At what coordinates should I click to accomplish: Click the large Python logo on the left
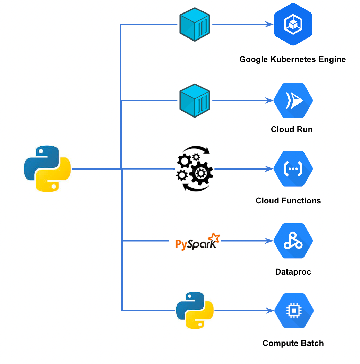pos(48,169)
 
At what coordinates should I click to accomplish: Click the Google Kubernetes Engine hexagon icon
pos(293,24)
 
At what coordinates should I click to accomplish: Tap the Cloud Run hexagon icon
pos(293,101)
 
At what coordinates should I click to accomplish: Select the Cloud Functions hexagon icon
pos(293,169)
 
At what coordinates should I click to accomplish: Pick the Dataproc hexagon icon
pos(293,241)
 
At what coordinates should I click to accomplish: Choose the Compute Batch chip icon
pos(294,311)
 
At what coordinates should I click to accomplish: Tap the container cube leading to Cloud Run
pos(195,101)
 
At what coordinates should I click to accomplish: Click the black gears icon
pos(194,169)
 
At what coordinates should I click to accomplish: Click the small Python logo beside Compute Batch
pos(195,310)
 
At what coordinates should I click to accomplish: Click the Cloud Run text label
pos(292,129)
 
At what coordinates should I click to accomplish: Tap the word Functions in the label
pos(303,201)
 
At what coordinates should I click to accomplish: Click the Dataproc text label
pos(293,272)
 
